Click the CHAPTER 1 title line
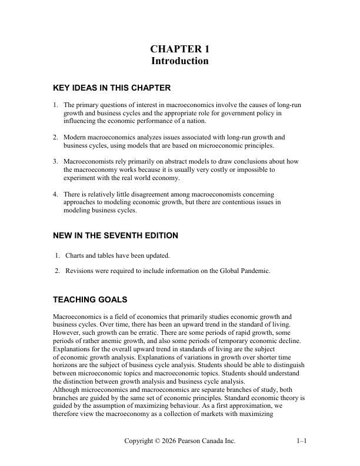pos(179,49)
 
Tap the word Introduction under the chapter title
pos(179,61)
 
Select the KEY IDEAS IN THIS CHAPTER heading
pos(112,88)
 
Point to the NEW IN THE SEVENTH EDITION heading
pos(115,235)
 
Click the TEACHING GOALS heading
pos(90,299)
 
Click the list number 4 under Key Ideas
pos(55,194)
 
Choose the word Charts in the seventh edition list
pos(75,256)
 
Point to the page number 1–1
pos(302,441)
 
